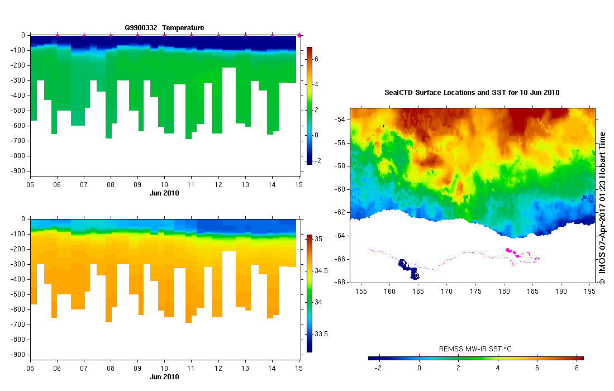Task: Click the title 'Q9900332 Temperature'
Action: click(164, 27)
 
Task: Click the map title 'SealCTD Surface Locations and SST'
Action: click(472, 92)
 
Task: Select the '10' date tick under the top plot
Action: click(164, 184)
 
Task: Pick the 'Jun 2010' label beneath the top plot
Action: click(164, 193)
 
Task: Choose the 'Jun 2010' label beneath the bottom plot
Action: click(164, 377)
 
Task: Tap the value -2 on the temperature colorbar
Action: click(317, 161)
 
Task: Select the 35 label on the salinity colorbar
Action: click(317, 239)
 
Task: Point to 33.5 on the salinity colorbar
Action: click(320, 334)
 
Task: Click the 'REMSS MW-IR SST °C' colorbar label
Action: click(475, 349)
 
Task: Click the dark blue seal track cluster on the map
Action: click(408, 268)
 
